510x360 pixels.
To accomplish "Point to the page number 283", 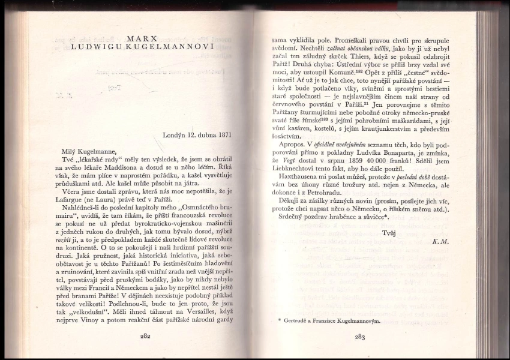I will tap(359, 337).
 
